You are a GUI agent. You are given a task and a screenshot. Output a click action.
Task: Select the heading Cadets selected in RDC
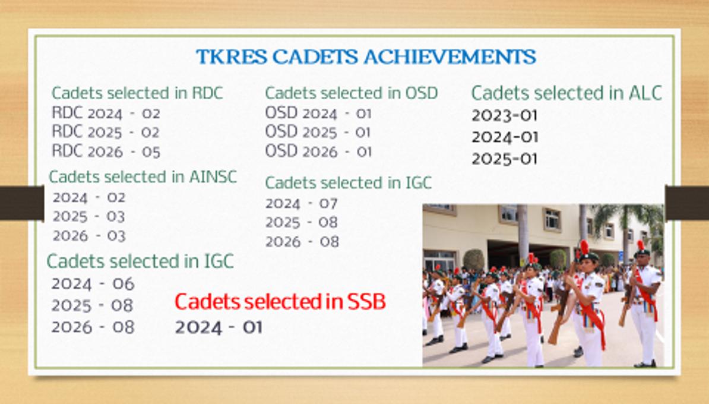pos(137,93)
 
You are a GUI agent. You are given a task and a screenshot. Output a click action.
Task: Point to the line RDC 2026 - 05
pos(106,151)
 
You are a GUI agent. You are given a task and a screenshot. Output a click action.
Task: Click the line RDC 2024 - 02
pos(106,113)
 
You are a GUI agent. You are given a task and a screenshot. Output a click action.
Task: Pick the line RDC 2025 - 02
pos(106,132)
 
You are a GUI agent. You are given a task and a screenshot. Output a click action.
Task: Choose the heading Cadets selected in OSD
pos(352,93)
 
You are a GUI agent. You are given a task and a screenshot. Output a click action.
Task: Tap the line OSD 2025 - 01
pos(318,132)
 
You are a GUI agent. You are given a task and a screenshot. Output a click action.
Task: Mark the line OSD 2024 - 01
pos(318,113)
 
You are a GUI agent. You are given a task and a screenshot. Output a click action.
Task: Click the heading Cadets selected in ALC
pos(566,93)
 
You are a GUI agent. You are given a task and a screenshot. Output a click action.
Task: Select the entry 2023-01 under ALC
pos(505,116)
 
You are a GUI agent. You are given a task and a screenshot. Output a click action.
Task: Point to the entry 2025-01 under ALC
pos(505,159)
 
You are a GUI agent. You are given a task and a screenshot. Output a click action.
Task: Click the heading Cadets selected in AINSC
pos(143,177)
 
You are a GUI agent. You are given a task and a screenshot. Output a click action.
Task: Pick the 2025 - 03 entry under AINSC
pos(88,217)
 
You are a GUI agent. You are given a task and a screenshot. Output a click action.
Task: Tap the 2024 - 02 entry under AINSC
pos(88,198)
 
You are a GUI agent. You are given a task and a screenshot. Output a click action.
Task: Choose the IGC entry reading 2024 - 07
pos(302,204)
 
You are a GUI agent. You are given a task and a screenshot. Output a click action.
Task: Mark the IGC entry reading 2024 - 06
pos(93,284)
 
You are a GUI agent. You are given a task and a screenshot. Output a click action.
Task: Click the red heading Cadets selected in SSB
pos(280,302)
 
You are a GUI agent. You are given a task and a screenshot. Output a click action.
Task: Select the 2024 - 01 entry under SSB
pos(219,327)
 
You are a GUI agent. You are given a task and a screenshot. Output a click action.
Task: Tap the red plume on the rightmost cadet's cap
pos(640,245)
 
